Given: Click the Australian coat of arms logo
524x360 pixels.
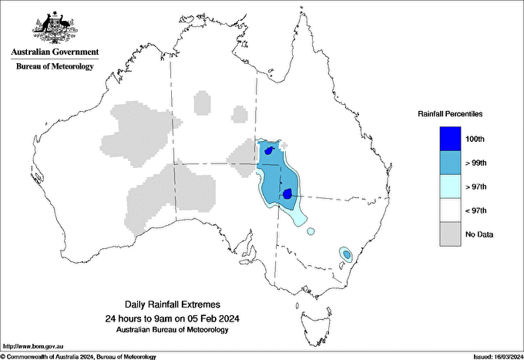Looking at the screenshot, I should pos(55,28).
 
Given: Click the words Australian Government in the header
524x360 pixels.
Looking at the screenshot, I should pos(55,52).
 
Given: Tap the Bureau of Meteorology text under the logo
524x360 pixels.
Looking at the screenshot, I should pos(55,66).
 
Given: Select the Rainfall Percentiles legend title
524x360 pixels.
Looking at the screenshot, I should pos(450,113).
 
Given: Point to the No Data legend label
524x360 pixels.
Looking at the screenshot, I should pos(479,234).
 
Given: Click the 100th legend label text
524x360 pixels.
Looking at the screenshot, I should pos(475,139).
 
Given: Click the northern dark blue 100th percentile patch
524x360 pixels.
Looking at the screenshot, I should pos(268,151).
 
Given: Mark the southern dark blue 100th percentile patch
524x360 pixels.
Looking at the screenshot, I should pos(287,194).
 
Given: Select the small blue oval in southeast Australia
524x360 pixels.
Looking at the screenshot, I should pos(347,254).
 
